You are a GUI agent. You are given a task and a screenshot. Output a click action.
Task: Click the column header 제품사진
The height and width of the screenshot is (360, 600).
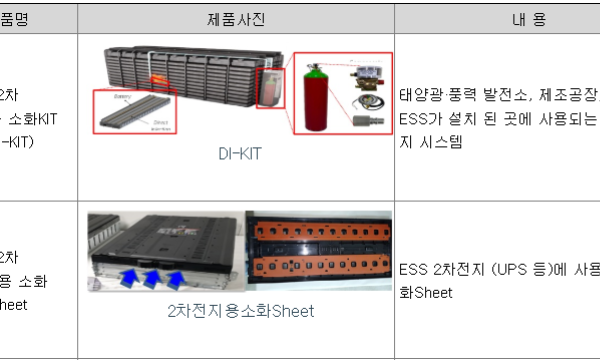pos(235,18)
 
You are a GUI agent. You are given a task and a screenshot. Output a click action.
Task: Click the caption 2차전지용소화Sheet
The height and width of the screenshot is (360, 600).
pos(240,311)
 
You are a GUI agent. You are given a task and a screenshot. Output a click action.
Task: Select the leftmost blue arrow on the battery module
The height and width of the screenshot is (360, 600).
pos(133,275)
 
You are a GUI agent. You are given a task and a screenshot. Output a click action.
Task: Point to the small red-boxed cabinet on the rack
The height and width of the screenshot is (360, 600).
pos(269,86)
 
